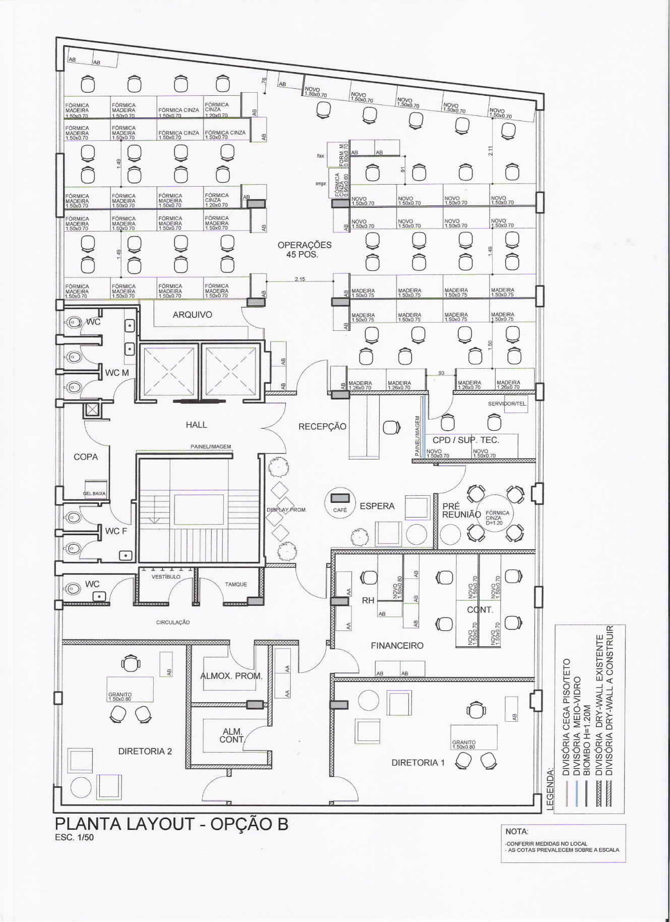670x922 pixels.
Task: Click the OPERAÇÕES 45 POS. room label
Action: [304, 250]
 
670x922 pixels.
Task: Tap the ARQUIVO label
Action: [192, 315]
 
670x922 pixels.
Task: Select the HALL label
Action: [196, 425]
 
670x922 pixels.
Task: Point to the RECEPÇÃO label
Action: [322, 427]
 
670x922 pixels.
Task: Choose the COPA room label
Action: [86, 457]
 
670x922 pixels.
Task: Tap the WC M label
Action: [116, 373]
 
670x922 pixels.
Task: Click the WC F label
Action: [115, 531]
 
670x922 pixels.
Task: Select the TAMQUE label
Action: [236, 585]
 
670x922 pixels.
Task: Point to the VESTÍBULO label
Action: [166, 577]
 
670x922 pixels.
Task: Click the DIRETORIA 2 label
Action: [145, 752]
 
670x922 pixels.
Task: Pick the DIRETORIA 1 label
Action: [418, 763]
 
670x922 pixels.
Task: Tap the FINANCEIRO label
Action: [397, 646]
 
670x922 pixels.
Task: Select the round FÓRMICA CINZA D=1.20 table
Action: [497, 517]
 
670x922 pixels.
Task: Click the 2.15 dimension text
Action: [299, 279]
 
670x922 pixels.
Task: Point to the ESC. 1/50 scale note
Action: [75, 838]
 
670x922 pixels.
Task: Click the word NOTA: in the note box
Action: [516, 831]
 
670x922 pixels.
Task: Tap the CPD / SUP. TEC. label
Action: [465, 440]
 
